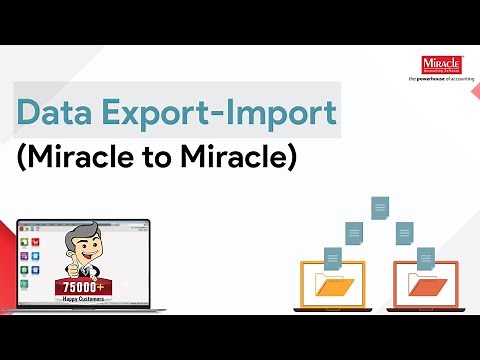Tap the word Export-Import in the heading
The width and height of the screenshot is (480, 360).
[x=217, y=111]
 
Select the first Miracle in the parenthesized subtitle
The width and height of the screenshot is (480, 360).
[x=69, y=157]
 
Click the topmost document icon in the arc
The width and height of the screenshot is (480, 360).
[x=379, y=208]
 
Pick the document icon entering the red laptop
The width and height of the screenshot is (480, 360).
[x=424, y=259]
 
